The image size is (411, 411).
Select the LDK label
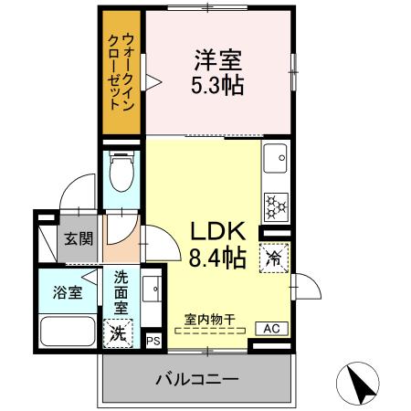[217, 232]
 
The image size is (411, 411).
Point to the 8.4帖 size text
[217, 258]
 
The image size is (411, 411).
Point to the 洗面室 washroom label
[121, 292]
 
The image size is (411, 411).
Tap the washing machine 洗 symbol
[119, 332]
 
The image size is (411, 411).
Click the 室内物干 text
[210, 319]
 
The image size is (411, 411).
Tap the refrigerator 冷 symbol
[273, 258]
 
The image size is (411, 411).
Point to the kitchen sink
[275, 163]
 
